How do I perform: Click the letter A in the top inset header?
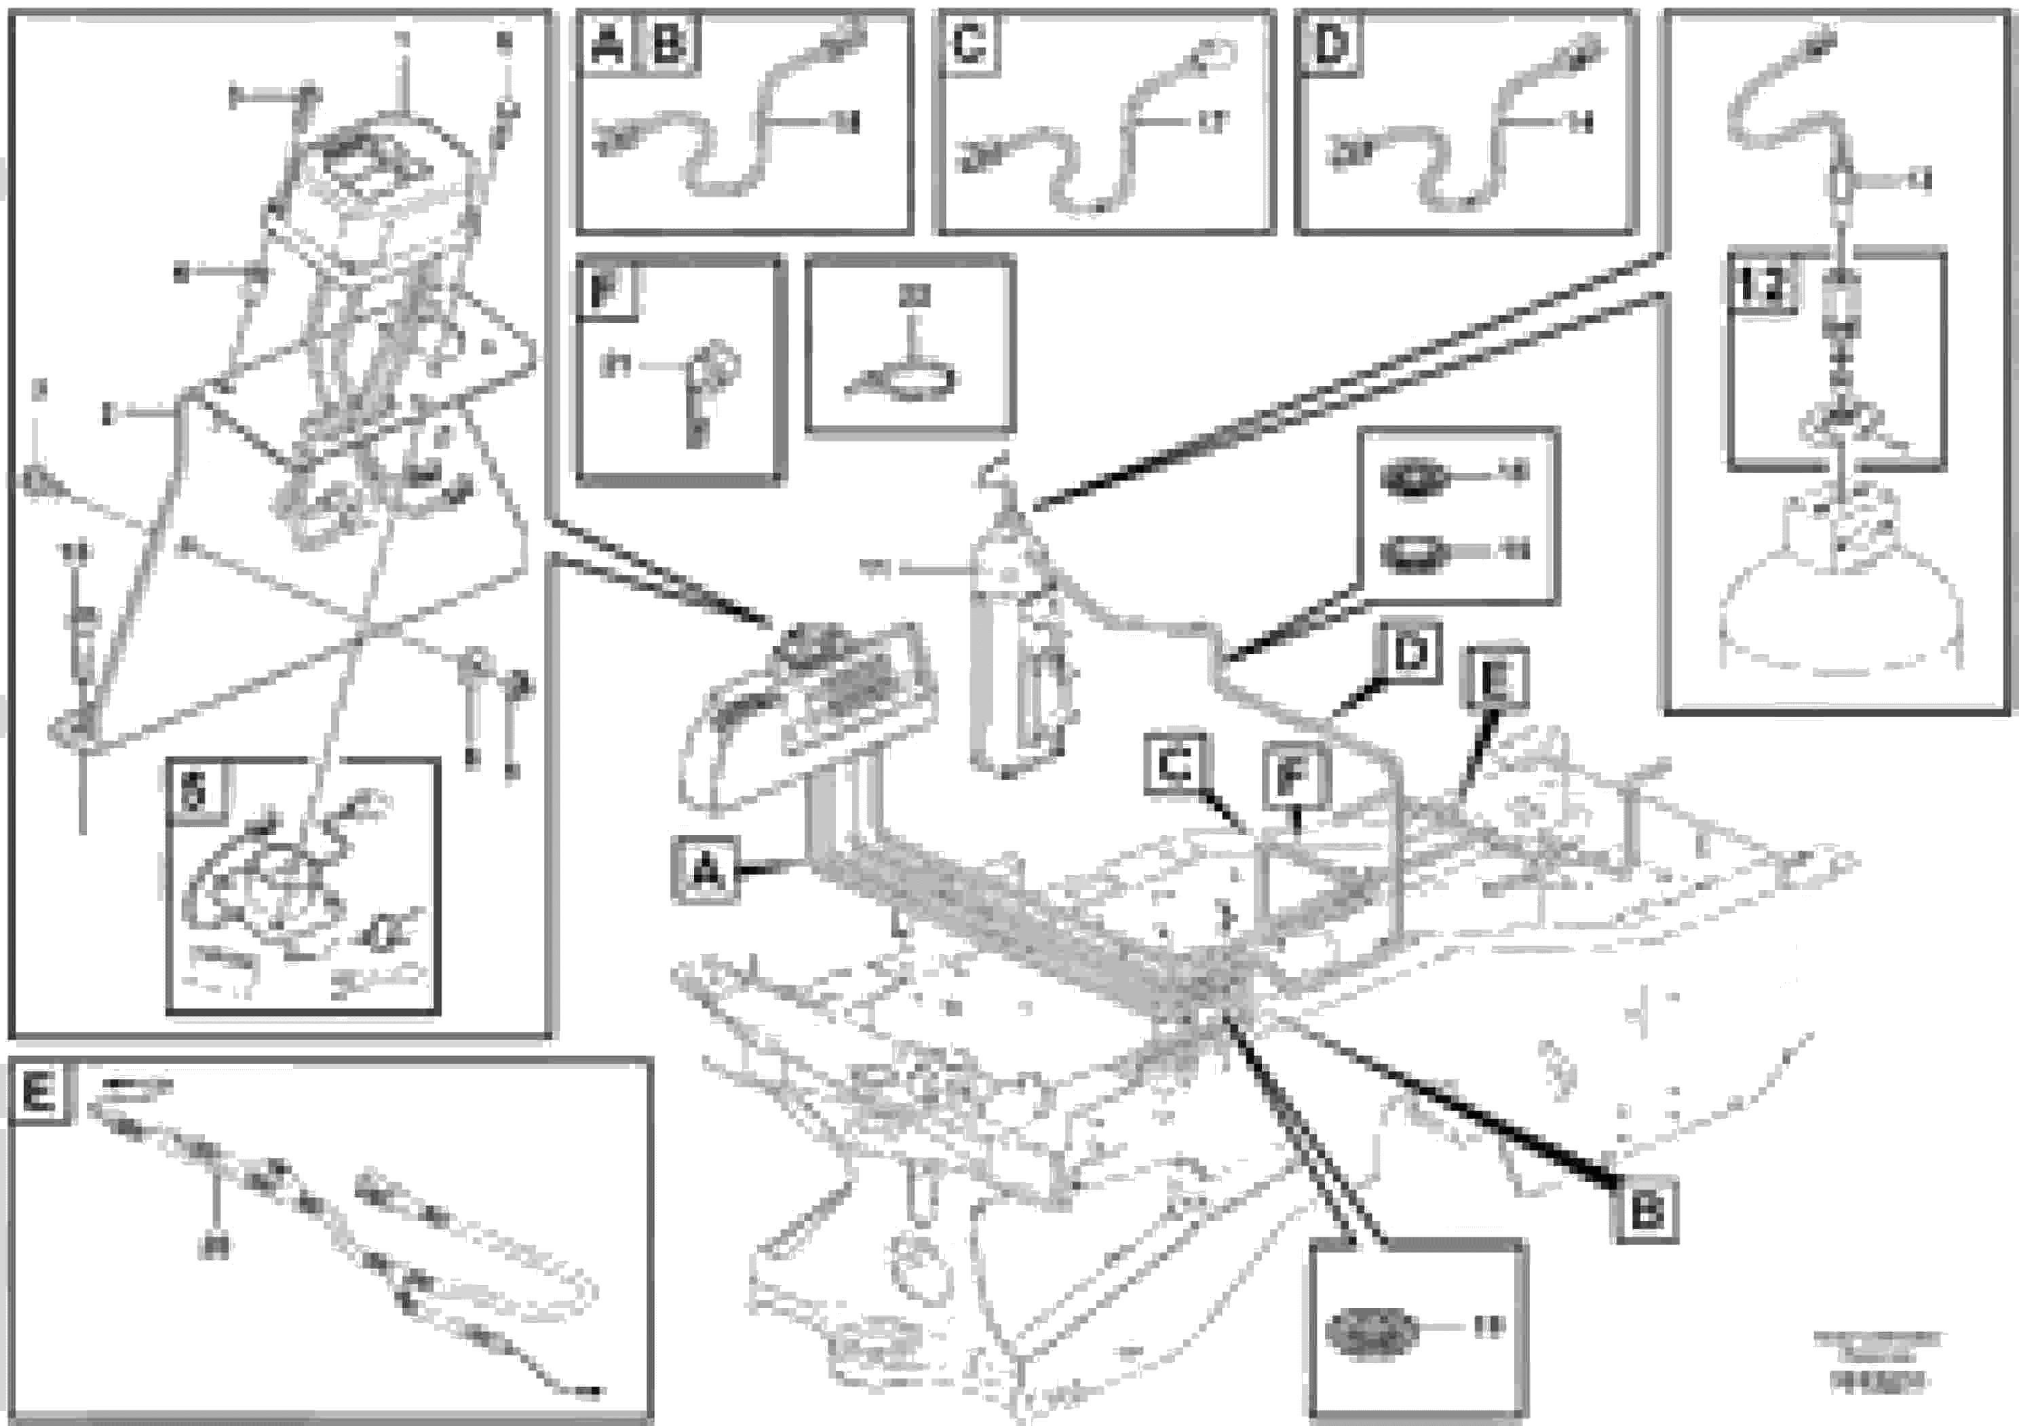[607, 44]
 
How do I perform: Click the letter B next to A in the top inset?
[671, 44]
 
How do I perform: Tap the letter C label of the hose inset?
[969, 44]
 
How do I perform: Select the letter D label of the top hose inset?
[1330, 44]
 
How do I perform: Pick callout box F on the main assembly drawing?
[1295, 775]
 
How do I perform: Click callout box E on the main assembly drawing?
[1495, 678]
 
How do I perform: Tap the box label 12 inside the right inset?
[1763, 286]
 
